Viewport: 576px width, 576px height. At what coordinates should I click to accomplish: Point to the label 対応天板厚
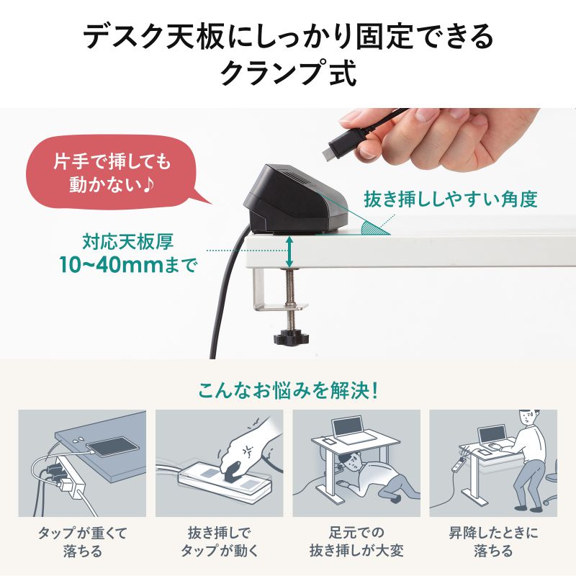tap(127, 240)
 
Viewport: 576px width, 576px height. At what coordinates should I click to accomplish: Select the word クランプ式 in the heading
tap(288, 73)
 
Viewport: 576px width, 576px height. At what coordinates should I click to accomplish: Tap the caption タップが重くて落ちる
tap(81, 542)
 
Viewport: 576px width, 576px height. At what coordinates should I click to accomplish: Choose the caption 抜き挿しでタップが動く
tap(219, 542)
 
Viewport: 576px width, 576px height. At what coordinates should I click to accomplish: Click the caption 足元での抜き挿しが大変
tap(356, 542)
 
